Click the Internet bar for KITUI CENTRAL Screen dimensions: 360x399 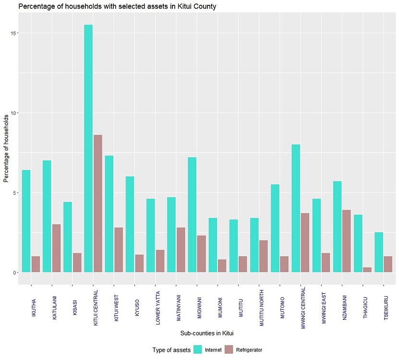(x=88, y=149)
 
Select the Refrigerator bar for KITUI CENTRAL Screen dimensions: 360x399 (x=98, y=204)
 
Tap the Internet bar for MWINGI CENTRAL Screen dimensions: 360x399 (x=296, y=208)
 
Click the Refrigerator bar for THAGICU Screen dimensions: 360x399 (x=367, y=270)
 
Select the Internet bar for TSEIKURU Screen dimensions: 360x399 (x=379, y=252)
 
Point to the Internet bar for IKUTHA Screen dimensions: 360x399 (x=26, y=221)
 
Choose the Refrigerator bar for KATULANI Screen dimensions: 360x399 (x=57, y=248)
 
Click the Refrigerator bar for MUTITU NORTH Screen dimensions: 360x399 (x=264, y=256)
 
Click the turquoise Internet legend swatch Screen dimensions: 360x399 (x=198, y=350)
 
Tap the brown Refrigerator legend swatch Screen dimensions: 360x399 (x=229, y=350)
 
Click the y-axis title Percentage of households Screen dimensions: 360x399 (x=6, y=148)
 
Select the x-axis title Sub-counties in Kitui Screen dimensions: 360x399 (x=207, y=333)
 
